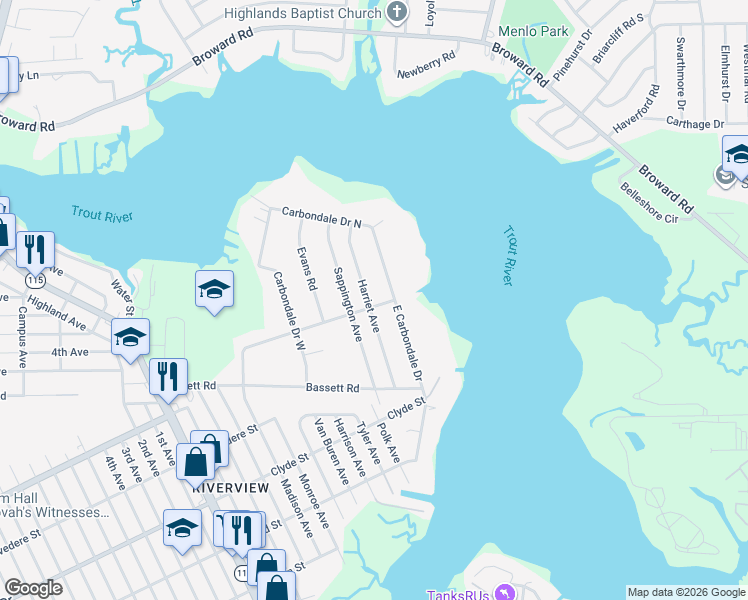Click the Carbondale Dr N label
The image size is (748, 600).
click(x=320, y=212)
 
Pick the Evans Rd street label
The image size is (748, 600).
click(x=307, y=269)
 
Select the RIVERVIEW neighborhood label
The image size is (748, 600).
click(x=230, y=486)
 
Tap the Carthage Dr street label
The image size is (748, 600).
click(x=696, y=124)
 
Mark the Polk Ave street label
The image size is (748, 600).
click(x=389, y=442)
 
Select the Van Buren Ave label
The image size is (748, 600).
click(x=331, y=452)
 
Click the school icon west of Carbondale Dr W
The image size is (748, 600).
click(x=214, y=290)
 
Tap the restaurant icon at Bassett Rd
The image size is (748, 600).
click(x=168, y=377)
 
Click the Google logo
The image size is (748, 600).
click(x=33, y=588)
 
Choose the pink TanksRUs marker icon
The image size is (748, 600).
click(x=505, y=594)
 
